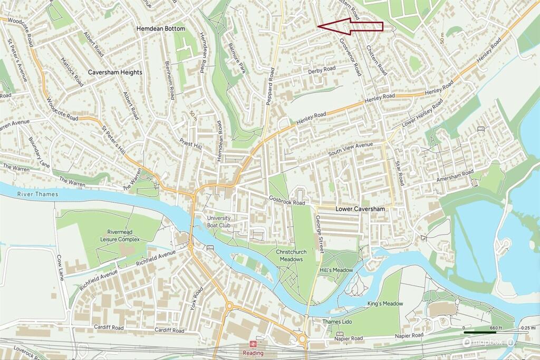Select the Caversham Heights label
(114, 72)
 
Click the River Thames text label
(35, 195)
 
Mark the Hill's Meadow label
(336, 270)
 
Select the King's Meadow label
(385, 304)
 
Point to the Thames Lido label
(336, 322)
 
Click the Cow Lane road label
(61, 268)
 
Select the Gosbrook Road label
(287, 202)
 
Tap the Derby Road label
(322, 70)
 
